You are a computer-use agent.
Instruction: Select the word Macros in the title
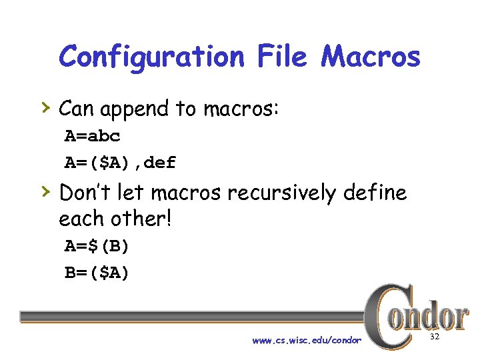[x=371, y=57]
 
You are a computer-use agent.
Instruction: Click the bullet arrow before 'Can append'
[x=46, y=106]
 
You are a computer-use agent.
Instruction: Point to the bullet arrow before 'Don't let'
[x=46, y=191]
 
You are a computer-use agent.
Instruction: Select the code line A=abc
[x=93, y=137]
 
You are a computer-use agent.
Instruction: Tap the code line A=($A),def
[x=120, y=162]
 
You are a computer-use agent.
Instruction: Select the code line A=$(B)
[x=97, y=246]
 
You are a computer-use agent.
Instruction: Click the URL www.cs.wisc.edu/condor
[x=307, y=341]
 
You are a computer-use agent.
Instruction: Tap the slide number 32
[x=435, y=338]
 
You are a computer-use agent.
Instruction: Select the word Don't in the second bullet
[x=84, y=193]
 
